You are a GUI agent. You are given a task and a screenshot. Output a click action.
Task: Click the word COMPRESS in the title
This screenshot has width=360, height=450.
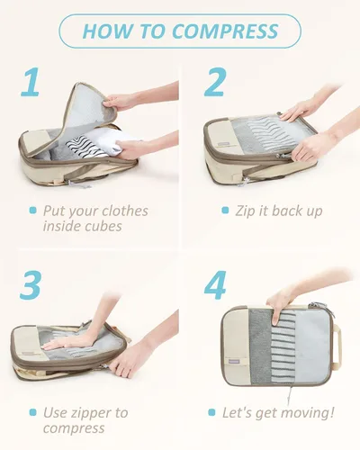pos(225,31)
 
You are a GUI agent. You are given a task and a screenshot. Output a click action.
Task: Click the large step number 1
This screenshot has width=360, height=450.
pos(31,82)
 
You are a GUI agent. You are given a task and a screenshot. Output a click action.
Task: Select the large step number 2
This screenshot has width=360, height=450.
pos(214,82)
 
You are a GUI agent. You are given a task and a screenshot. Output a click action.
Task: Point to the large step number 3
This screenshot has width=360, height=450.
pos(30,284)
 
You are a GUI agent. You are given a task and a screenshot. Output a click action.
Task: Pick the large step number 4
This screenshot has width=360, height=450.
pos(215,285)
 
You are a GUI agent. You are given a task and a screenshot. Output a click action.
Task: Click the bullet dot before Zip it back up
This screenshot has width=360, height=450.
pos(225,211)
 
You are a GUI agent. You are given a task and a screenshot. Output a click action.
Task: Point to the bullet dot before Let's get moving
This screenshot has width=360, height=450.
pos(211,412)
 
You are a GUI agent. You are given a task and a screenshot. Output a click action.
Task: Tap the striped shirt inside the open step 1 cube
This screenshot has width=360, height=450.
pos(85,147)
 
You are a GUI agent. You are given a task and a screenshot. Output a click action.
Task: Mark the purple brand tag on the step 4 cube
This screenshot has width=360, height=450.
pos(234,362)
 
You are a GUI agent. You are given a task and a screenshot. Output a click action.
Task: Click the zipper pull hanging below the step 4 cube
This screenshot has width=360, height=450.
pos(290,395)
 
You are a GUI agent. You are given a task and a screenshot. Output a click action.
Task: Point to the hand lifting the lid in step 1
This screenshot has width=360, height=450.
pos(120,101)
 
